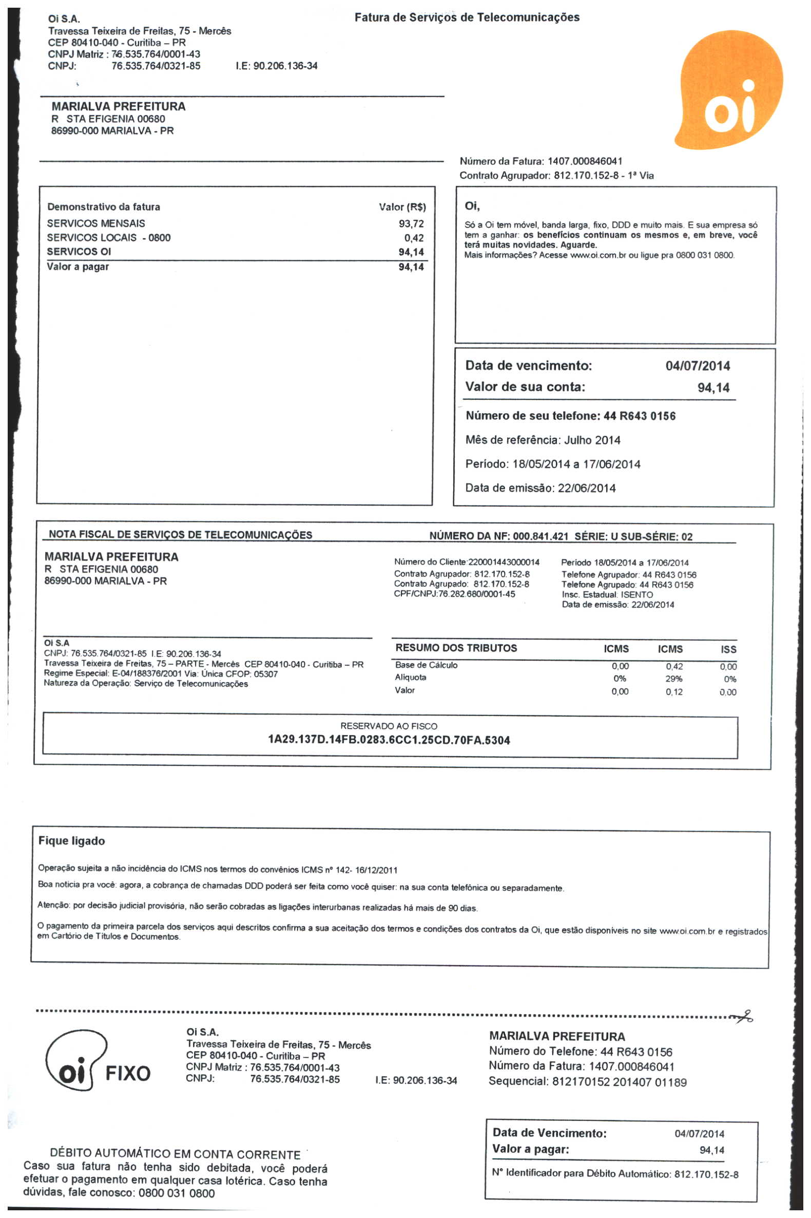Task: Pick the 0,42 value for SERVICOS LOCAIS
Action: click(414, 238)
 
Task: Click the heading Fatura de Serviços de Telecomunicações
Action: click(467, 17)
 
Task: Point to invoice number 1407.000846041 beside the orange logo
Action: click(585, 161)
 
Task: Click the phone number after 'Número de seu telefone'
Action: click(639, 416)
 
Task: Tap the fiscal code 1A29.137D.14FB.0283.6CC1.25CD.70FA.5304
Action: click(389, 740)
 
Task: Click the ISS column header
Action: click(728, 649)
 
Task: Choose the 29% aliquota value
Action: click(673, 679)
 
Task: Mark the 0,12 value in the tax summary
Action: click(674, 692)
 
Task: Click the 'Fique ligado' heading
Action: click(71, 841)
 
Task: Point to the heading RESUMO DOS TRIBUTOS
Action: click(456, 648)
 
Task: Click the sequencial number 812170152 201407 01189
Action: click(619, 1082)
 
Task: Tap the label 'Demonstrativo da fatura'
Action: click(104, 207)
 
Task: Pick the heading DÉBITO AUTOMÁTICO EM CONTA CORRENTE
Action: click(175, 1154)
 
